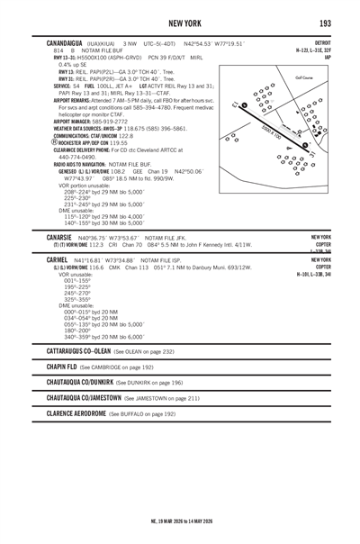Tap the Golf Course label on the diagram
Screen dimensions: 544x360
[x=302, y=77]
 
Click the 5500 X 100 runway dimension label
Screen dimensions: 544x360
[x=274, y=134]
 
